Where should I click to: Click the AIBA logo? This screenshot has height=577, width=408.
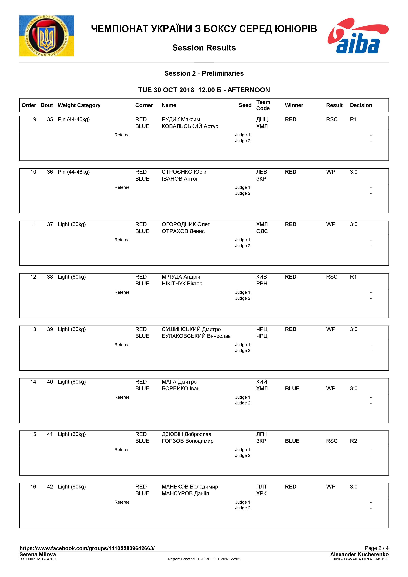pyautogui.click(x=358, y=36)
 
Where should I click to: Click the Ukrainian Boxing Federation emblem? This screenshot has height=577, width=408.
pyautogui.click(x=47, y=36)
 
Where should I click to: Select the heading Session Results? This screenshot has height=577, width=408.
pyautogui.click(x=204, y=48)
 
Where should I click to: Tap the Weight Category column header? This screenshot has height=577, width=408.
pyautogui.click(x=79, y=105)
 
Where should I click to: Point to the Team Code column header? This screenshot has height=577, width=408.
pyautogui.click(x=263, y=105)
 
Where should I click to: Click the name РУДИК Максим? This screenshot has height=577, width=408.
pyautogui.click(x=181, y=119)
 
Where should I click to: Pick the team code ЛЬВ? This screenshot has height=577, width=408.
pyautogui.click(x=262, y=172)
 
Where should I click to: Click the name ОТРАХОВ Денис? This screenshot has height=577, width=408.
pyautogui.click(x=183, y=231)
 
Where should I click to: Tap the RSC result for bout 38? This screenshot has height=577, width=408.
pyautogui.click(x=332, y=277)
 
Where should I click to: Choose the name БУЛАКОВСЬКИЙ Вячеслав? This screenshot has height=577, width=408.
pyautogui.click(x=196, y=336)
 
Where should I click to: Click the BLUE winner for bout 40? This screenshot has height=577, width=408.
pyautogui.click(x=292, y=389)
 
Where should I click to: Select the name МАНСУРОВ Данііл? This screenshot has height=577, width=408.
pyautogui.click(x=185, y=493)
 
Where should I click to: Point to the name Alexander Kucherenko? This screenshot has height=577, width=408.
pyautogui.click(x=359, y=554)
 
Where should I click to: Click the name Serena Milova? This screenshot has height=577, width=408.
pyautogui.click(x=38, y=554)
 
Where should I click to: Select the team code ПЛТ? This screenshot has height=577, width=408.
pyautogui.click(x=262, y=487)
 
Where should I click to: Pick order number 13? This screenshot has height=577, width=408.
pyautogui.click(x=33, y=329)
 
